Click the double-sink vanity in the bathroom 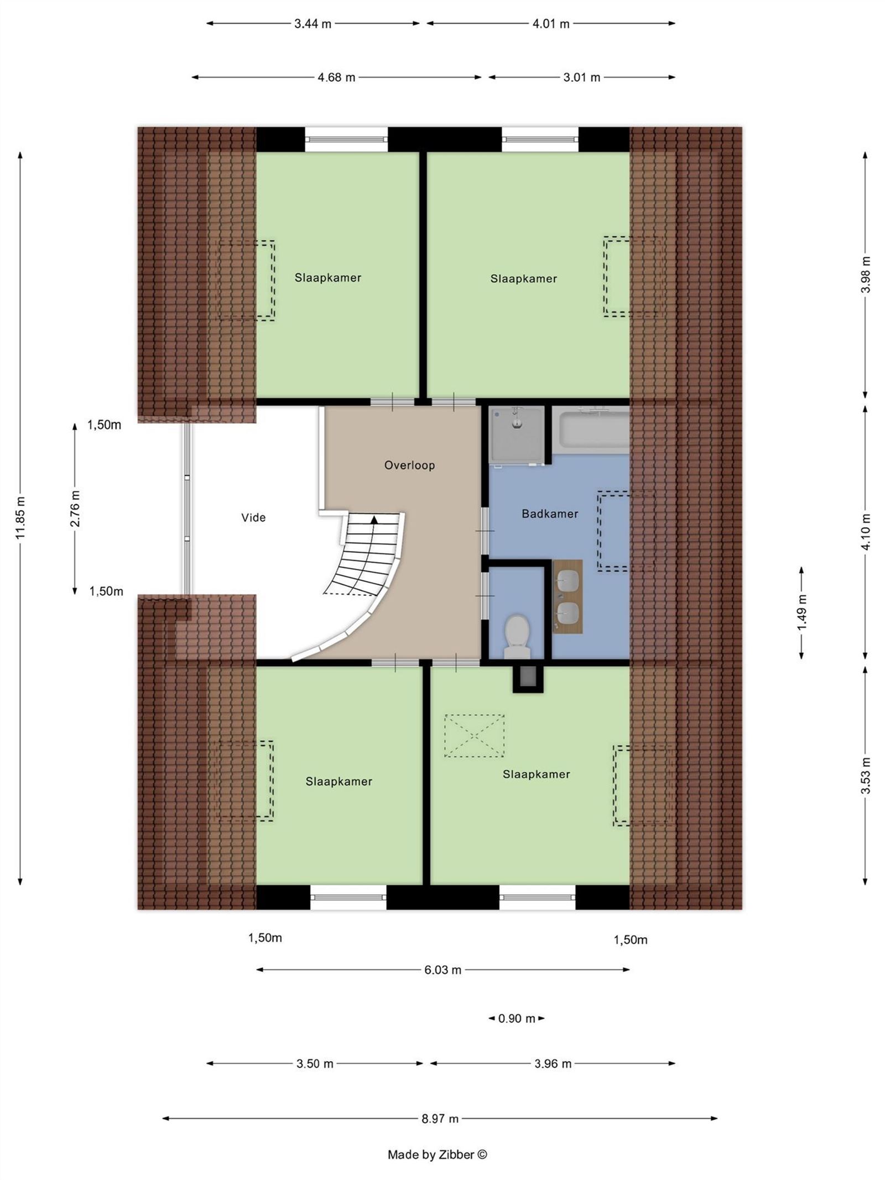tap(568, 596)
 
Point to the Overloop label tap(409, 465)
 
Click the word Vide tap(253, 518)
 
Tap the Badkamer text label tap(549, 514)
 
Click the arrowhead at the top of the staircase tap(374, 519)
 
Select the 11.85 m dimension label tap(20, 517)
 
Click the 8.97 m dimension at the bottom tap(440, 1119)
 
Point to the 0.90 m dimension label tap(517, 1018)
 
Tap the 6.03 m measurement tap(442, 970)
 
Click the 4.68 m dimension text tap(336, 77)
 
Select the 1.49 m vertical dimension tap(802, 612)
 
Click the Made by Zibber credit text tap(437, 1155)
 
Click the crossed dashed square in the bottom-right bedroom tap(474, 736)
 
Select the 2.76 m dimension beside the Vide tap(75, 508)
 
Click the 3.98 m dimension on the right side tap(866, 274)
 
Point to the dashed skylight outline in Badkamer tap(613, 531)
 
